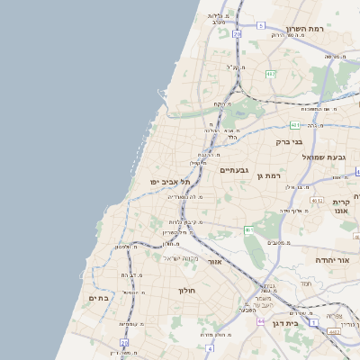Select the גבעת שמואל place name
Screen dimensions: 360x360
(x=329, y=157)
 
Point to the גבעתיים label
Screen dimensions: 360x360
(x=234, y=169)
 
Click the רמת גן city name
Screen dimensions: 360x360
(x=269, y=175)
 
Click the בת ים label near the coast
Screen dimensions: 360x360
(x=98, y=297)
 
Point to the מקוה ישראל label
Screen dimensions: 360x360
(x=178, y=258)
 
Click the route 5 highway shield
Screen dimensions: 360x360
(x=260, y=25)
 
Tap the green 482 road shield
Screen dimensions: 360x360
(x=270, y=73)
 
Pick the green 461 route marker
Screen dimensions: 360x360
(x=249, y=230)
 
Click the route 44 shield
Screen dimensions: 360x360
(x=259, y=320)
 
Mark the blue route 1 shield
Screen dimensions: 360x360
(x=313, y=321)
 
